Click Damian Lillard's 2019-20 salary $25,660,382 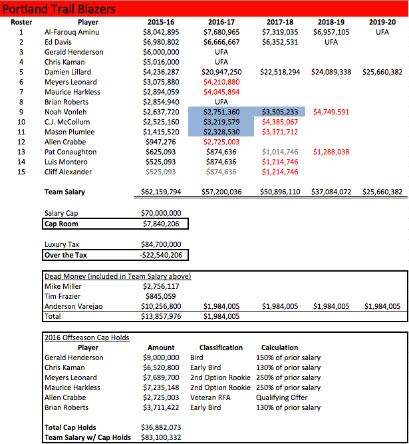[382, 72]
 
